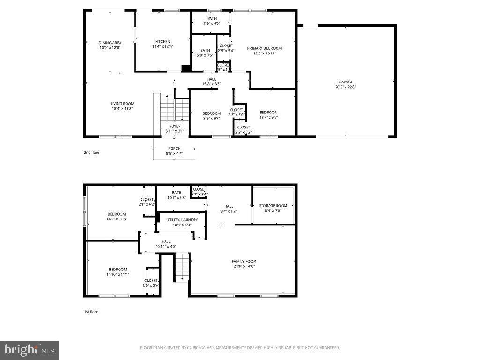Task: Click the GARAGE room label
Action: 346,82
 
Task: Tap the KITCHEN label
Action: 163,42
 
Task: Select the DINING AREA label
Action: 110,43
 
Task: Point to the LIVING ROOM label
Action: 122,104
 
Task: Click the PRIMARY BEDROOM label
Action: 264,48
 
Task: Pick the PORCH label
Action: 174,149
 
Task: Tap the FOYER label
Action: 175,126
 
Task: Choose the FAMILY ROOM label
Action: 244,261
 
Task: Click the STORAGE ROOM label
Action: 273,206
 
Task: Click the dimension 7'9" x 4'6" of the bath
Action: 212,23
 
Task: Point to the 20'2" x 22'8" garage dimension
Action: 346,87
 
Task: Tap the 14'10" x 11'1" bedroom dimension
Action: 117,274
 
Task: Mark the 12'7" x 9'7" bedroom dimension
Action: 269,117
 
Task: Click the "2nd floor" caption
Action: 91,152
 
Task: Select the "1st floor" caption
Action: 91,311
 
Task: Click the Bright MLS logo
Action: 29,350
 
